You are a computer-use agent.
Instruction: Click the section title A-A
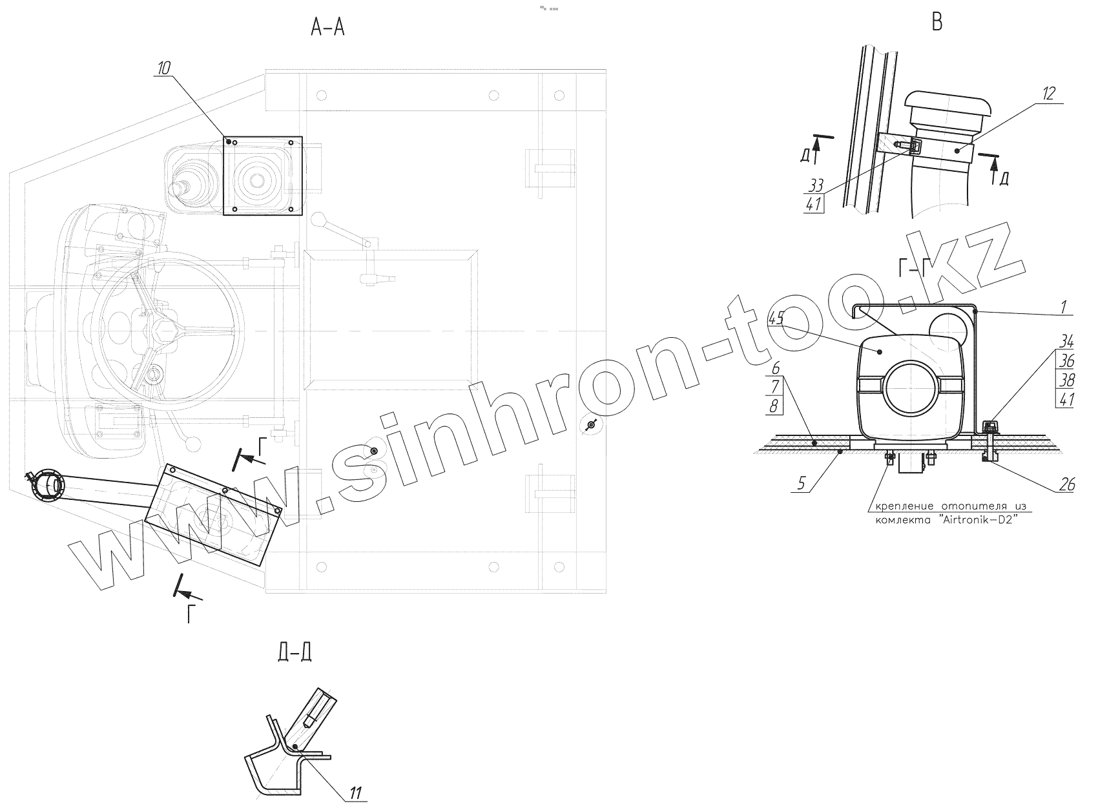327,28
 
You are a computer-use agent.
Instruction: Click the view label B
937,22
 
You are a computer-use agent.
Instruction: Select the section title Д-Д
295,652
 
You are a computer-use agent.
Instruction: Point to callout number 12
1048,93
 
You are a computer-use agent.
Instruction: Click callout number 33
816,186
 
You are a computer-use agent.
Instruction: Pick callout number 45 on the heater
776,318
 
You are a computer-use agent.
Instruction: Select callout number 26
1067,485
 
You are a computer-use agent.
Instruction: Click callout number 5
801,484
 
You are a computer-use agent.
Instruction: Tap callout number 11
356,793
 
